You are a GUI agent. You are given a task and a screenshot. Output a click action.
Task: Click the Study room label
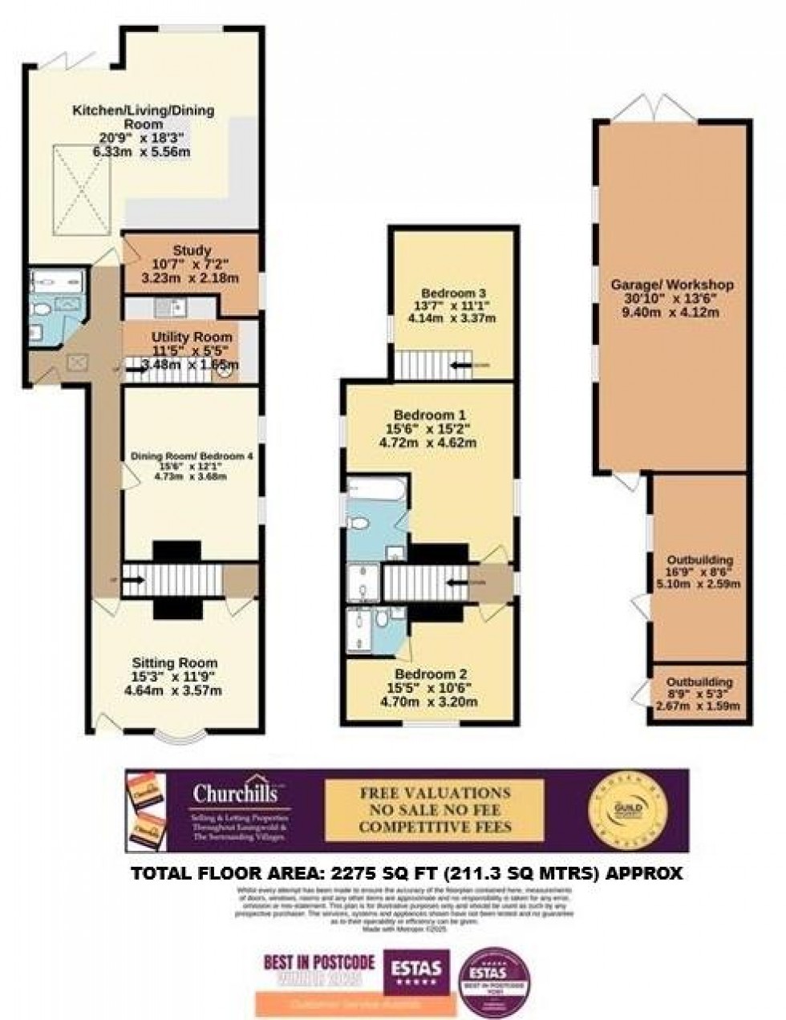192,249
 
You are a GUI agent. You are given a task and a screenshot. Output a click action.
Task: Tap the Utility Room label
192,337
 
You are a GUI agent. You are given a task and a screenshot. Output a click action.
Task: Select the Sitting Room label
175,662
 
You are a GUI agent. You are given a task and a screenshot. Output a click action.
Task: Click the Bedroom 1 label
430,415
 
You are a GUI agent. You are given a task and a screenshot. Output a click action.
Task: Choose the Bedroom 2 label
431,674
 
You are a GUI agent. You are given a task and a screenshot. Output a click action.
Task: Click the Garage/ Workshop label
672,285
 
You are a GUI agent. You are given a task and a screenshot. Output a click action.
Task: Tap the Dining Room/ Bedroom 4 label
192,456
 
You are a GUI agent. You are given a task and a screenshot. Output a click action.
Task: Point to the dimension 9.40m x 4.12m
672,312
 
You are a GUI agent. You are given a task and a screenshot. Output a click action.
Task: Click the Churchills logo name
235,794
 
